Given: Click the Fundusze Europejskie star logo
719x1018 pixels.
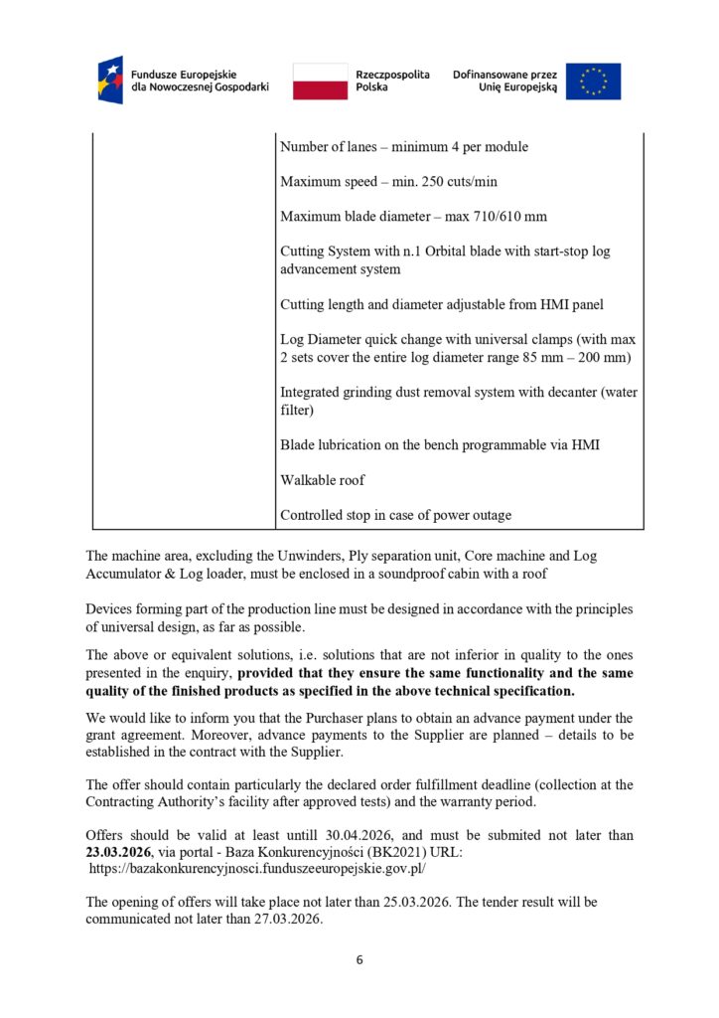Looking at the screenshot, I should point(110,80).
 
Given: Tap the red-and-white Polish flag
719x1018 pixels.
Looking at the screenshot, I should point(320,81).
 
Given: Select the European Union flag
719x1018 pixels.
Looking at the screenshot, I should point(593,81).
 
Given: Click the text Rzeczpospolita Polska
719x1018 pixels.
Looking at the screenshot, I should point(392,81).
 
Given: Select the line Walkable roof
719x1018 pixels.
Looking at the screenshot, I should point(323,480).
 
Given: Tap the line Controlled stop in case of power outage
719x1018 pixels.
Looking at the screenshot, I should point(396,515).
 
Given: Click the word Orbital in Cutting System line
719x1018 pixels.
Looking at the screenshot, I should point(457,252).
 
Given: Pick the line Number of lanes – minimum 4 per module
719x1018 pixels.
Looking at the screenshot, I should point(404,147).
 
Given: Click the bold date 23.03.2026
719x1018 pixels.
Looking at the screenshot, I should point(118,851).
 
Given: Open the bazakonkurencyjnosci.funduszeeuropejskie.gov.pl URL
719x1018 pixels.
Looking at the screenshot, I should point(258,868).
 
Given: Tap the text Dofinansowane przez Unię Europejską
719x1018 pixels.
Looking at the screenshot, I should point(504,81).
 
